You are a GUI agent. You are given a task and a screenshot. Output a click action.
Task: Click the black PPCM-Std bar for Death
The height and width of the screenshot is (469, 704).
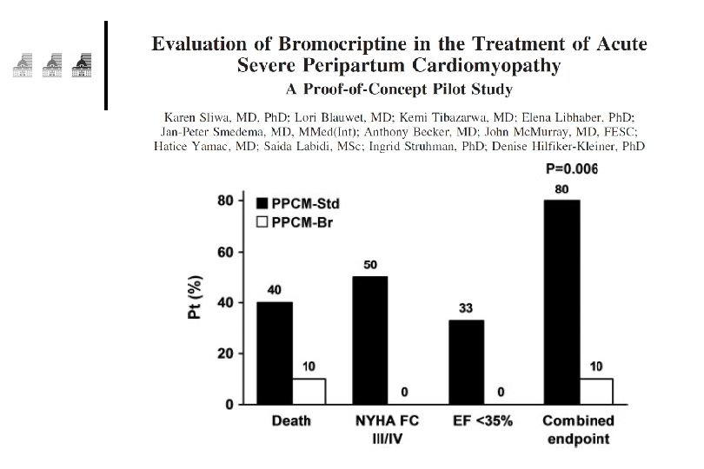275,353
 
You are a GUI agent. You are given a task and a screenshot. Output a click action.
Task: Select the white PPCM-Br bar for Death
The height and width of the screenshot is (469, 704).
309,392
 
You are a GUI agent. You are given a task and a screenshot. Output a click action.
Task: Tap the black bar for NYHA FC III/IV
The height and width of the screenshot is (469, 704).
370,340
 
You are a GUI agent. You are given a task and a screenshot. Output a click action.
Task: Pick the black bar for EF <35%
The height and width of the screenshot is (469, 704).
467,362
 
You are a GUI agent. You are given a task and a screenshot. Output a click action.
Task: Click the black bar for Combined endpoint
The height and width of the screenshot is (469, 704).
561,302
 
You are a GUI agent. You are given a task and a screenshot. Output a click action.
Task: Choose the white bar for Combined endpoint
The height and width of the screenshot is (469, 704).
596,392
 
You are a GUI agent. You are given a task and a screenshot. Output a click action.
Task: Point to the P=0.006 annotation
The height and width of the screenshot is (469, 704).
572,168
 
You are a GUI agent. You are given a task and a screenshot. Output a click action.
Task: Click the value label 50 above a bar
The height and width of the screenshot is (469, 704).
370,265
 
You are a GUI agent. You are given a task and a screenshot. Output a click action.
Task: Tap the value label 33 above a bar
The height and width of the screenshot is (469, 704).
466,308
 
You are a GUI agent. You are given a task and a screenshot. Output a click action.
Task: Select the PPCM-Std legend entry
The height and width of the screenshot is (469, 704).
297,204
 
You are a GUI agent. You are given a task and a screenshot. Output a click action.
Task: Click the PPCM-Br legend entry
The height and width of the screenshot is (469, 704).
295,222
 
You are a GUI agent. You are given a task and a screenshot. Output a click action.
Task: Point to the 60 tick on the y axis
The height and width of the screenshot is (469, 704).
225,252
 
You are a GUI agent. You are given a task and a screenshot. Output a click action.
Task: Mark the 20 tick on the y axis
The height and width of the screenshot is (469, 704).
225,353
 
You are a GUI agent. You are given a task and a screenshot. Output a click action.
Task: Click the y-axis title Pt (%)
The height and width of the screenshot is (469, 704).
195,297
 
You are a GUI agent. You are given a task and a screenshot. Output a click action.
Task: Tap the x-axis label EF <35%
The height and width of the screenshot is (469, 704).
482,421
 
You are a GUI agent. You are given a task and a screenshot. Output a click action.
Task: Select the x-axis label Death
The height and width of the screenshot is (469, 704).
291,421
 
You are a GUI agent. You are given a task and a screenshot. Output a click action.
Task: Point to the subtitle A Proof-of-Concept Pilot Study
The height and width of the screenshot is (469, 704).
399,89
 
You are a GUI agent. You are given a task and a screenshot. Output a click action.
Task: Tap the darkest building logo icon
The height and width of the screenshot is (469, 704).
82,65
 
